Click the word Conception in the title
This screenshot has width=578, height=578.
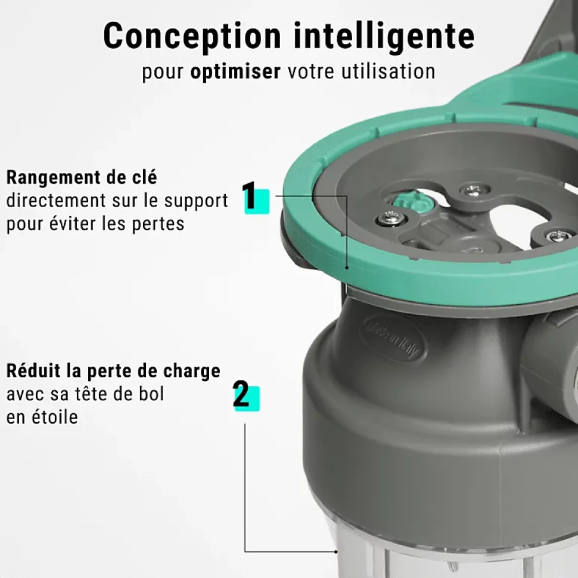(192, 36)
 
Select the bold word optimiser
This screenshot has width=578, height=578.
(235, 71)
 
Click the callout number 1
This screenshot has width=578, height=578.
(250, 195)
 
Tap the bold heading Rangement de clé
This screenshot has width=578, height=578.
(82, 177)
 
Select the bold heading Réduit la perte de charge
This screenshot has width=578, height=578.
(113, 371)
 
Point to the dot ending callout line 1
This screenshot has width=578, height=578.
(347, 268)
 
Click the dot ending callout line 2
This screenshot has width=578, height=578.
(335, 552)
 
